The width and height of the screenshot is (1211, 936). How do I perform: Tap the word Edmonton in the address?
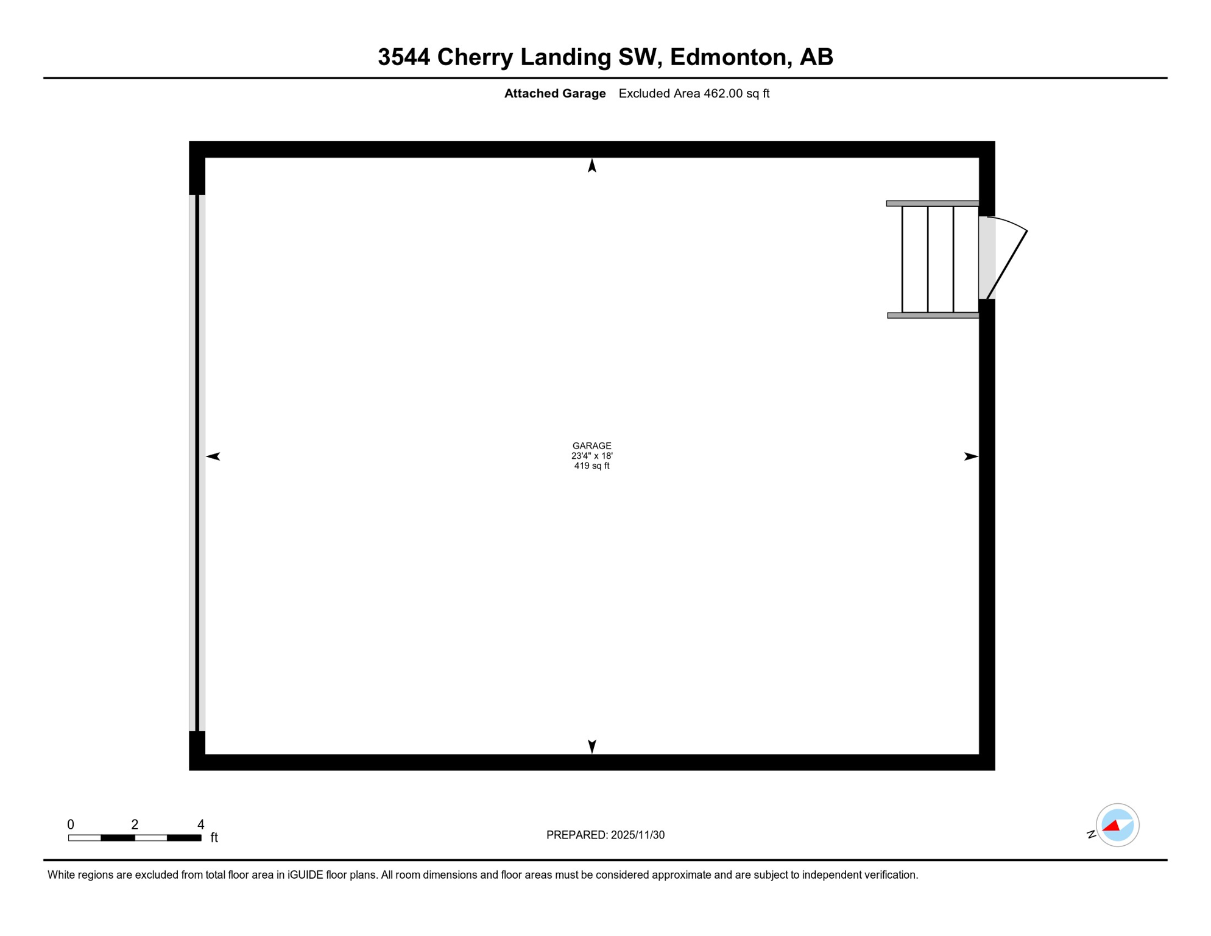(727, 57)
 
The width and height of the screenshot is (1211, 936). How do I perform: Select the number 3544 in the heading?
(404, 57)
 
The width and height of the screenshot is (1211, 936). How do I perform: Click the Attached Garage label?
(554, 94)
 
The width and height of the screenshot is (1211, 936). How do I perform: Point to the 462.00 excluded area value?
(723, 94)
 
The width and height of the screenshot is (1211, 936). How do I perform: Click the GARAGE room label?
(591, 446)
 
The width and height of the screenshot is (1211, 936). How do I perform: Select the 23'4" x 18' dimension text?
(591, 456)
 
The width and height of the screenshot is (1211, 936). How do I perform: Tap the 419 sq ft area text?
(591, 466)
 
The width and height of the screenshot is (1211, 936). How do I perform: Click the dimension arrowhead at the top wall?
(591, 166)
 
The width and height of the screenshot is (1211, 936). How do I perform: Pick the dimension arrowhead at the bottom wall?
(591, 746)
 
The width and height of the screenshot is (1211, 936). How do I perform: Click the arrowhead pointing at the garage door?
(213, 456)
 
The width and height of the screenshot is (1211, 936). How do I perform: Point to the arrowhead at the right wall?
(970, 456)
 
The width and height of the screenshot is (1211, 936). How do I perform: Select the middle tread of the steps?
(940, 260)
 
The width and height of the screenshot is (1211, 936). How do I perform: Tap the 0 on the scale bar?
(71, 825)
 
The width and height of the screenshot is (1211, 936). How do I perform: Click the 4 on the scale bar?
(201, 825)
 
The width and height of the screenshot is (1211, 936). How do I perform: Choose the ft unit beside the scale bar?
(214, 838)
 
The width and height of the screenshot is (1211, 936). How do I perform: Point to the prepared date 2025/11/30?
(637, 835)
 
